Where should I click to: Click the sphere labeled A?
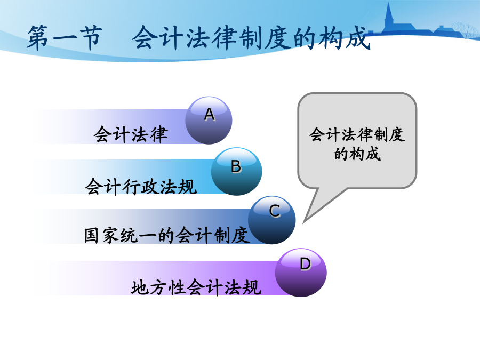click(209, 121)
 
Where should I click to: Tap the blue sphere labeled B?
click(236, 171)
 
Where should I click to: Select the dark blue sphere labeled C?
click(272, 220)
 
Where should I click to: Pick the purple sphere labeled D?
click(301, 273)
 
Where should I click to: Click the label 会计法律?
click(131, 134)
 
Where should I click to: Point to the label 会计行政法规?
click(141, 186)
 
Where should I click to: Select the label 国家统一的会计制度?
click(166, 235)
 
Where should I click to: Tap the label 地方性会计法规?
click(196, 287)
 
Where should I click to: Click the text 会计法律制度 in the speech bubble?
click(357, 135)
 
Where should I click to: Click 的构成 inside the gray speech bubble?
click(357, 154)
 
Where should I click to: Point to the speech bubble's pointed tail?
click(303, 222)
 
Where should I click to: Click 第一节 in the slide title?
click(65, 38)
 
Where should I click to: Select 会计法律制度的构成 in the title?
click(251, 38)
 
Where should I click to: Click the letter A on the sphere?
click(210, 115)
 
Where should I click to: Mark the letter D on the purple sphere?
click(305, 264)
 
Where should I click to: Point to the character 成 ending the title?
click(357, 38)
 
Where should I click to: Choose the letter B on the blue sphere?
click(236, 167)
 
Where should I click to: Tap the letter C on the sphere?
click(275, 211)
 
